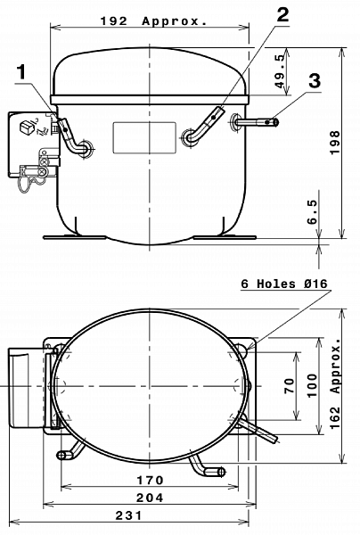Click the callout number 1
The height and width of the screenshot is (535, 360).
tap(21, 72)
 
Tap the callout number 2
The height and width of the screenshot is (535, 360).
tap(282, 14)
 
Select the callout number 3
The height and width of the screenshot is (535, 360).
tap(315, 81)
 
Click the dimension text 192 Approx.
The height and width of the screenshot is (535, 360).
tap(154, 21)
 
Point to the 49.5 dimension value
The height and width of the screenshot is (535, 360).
tap(280, 71)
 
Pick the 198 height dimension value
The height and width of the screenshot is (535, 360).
tap(335, 143)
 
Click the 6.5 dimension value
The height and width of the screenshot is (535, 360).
tap(312, 212)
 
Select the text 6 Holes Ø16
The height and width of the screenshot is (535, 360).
tap(284, 284)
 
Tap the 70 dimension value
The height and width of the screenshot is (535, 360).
tap(289, 385)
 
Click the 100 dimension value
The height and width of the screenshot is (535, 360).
tap(312, 385)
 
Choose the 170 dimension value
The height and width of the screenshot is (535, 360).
tap(150, 481)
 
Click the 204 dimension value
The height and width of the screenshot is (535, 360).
tap(150, 498)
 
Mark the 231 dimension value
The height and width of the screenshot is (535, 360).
tap(129, 515)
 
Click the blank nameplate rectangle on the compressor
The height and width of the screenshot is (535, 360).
tap(144, 137)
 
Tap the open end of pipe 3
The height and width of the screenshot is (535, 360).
tap(275, 122)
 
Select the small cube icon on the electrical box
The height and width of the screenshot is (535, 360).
tap(27, 127)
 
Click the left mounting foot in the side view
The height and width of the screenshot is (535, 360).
tap(74, 237)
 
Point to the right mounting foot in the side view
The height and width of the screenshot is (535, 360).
tap(225, 237)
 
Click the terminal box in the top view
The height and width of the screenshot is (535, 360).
tap(26, 388)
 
